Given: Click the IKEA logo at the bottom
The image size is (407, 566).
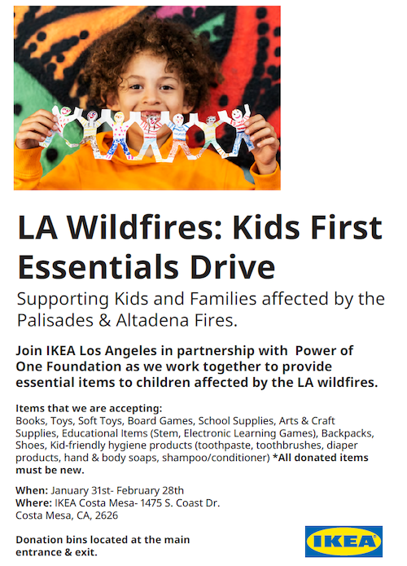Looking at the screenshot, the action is click(344, 541).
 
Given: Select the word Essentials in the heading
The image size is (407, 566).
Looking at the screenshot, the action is click(98, 267).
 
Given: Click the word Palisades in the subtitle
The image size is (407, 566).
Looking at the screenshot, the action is click(55, 320).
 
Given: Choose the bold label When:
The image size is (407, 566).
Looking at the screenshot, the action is click(32, 490).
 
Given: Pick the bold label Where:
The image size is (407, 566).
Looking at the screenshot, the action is click(34, 502).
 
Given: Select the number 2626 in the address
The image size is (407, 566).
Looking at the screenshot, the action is click(107, 516).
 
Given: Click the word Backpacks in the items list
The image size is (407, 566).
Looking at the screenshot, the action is click(348, 433).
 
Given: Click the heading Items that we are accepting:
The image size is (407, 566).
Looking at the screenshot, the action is click(89, 408).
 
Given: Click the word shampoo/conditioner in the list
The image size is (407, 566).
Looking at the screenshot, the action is click(216, 458).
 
